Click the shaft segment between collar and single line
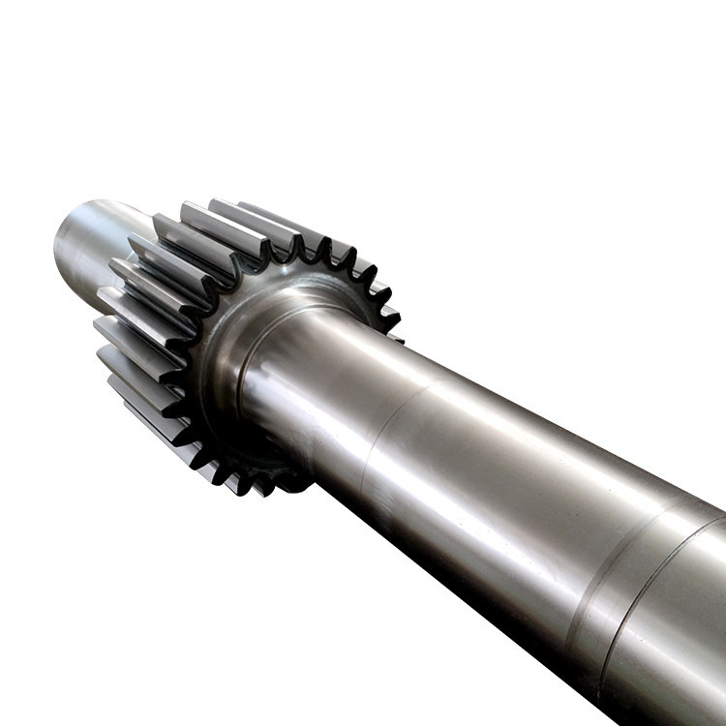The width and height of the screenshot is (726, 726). click(x=319, y=387)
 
